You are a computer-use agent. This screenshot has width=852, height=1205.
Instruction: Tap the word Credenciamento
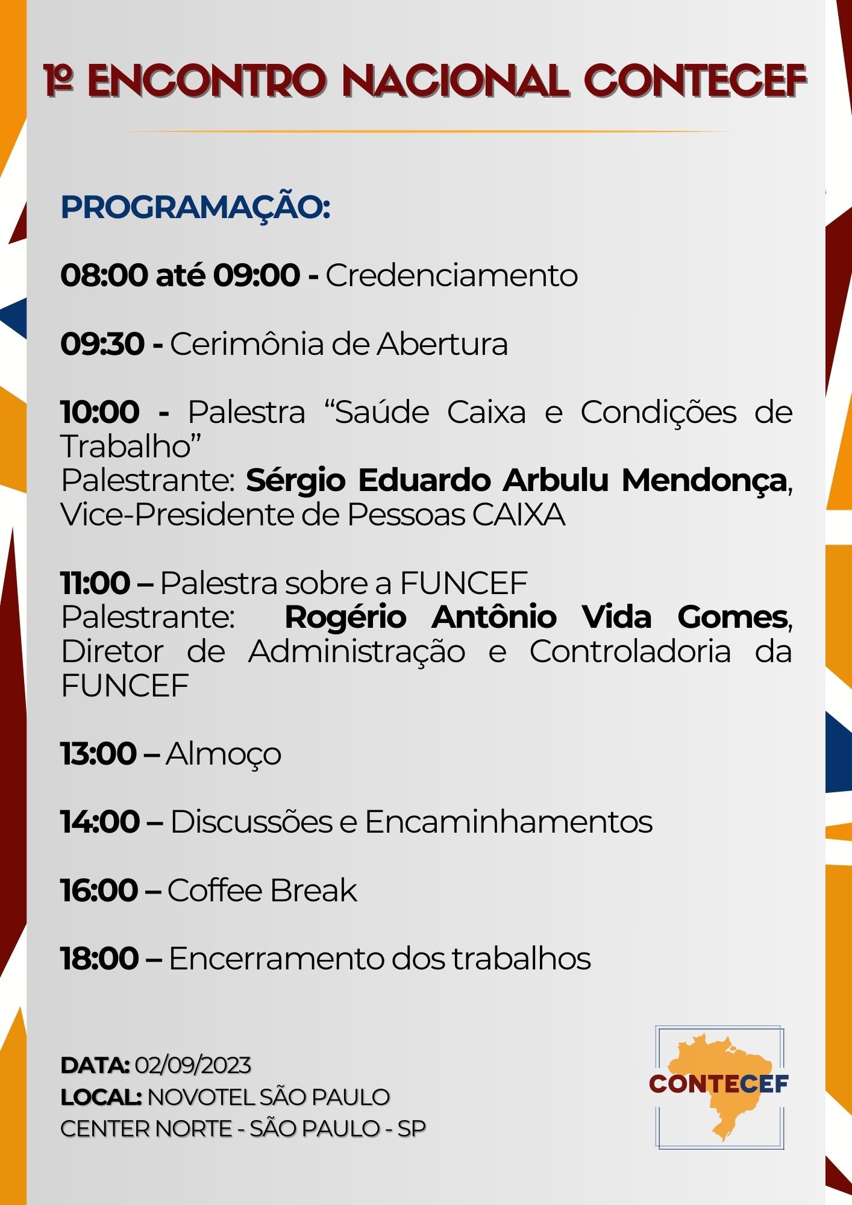coord(452,276)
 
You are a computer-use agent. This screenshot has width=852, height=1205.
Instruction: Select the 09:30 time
coord(102,345)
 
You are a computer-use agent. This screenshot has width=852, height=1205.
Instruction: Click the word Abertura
coord(443,345)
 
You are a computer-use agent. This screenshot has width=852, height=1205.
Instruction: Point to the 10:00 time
coord(100,413)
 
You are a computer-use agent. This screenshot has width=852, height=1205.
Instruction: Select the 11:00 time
coord(96,583)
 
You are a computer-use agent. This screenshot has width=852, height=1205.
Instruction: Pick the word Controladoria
coord(630,652)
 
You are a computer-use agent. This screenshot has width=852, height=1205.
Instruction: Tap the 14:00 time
coord(100,822)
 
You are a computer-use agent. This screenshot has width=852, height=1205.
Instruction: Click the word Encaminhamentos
coord(509,822)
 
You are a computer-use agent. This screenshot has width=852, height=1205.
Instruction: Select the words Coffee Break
coord(262,891)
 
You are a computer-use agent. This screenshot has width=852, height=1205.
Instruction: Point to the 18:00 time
coord(100,959)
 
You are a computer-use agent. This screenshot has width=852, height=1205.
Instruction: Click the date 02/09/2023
coord(193,1066)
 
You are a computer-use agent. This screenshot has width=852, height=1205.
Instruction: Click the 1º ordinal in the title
coord(59,80)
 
